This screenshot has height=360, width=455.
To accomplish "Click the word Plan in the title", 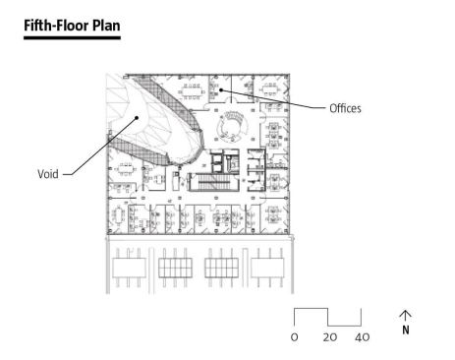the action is pyautogui.click(x=106, y=26).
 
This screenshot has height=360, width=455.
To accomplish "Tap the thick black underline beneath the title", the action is pyautogui.click(x=72, y=37).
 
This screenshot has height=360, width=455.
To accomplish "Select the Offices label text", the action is pyautogui.click(x=345, y=108).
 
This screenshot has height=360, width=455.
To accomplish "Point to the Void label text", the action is pyautogui.click(x=48, y=174).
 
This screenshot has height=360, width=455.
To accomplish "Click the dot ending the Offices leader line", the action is pyautogui.click(x=221, y=90).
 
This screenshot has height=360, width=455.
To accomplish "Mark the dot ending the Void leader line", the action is pyautogui.click(x=138, y=117).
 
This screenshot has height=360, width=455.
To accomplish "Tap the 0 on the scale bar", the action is pyautogui.click(x=294, y=337).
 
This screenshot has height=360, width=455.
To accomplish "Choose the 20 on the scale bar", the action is pyautogui.click(x=329, y=337).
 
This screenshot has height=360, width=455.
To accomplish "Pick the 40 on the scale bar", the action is pyautogui.click(x=362, y=337).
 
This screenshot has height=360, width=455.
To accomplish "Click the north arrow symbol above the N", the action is pyautogui.click(x=405, y=315).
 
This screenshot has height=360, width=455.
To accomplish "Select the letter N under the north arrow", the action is pyautogui.click(x=406, y=330).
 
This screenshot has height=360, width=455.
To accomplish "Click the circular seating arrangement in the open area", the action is pyautogui.click(x=234, y=126).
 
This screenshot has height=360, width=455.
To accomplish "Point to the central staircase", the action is pyautogui.click(x=213, y=182).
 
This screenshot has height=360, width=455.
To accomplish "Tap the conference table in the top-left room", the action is pyautogui.click(x=191, y=91).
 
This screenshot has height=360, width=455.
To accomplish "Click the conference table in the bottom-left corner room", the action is pyautogui.click(x=118, y=215).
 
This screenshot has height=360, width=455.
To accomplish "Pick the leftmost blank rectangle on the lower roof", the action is pyautogui.click(x=129, y=268).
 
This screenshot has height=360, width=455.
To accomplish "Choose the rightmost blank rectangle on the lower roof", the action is pyautogui.click(x=267, y=268).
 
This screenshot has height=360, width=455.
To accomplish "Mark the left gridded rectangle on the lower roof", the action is pyautogui.click(x=175, y=268).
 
